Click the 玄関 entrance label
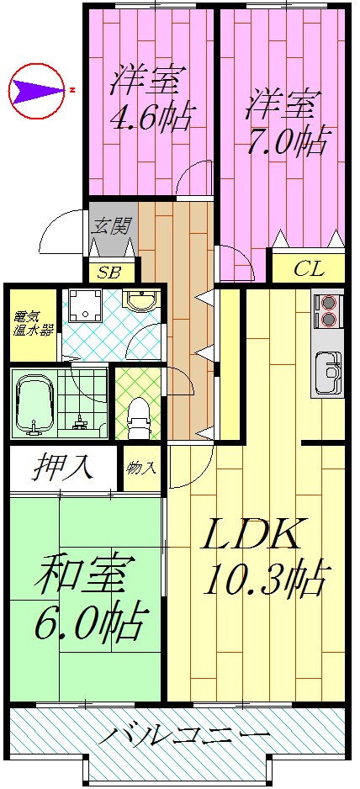110,225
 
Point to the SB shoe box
109,272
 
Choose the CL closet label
309,270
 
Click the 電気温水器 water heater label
33,324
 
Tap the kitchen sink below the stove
329,370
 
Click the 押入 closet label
63,467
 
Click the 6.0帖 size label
87,623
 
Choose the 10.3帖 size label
262,580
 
